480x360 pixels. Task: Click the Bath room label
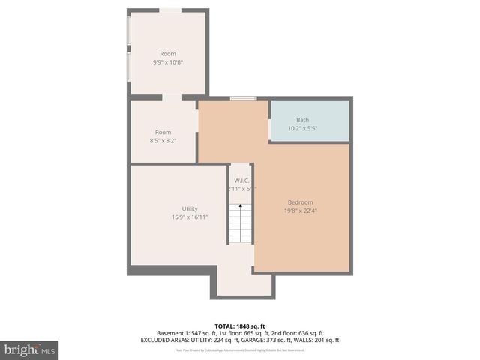pos(302,120)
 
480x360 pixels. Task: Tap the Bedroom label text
pos(300,202)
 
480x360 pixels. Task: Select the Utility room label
pos(190,208)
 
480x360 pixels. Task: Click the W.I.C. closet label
pos(241,181)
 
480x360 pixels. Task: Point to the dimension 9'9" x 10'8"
pos(167,62)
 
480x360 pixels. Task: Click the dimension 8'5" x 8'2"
pos(163,140)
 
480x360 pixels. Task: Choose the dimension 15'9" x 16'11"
pos(190,217)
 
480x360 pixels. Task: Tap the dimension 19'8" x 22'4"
pos(300,211)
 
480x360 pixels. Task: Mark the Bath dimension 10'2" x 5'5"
pos(302,128)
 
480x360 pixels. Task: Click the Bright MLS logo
pos(29,349)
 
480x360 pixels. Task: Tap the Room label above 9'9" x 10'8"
pos(167,54)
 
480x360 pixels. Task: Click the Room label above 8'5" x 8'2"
pos(163,133)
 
